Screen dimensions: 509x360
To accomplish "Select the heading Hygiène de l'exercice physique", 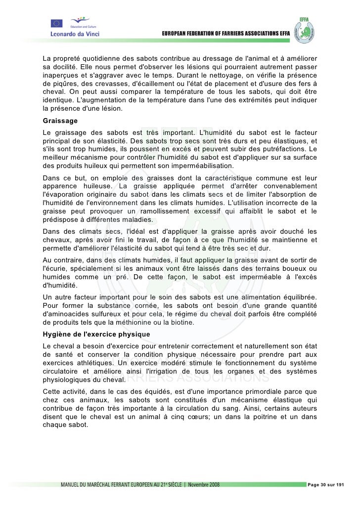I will coord(96,335).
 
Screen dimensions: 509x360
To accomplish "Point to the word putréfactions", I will coord(276,149).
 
